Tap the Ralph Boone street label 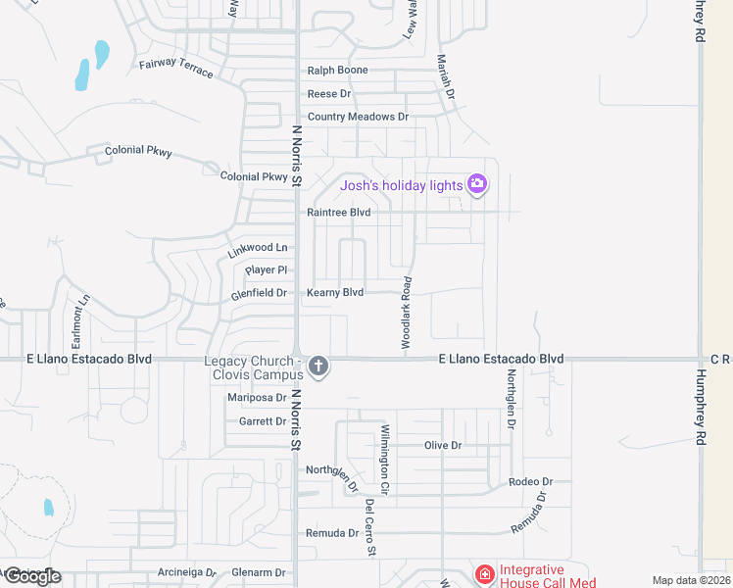pos(337,71)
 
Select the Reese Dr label pos(329,94)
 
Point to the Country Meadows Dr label pos(358,117)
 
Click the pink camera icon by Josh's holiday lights pos(477,184)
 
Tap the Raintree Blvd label pos(339,212)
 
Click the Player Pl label pos(267,269)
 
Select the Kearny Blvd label pos(335,292)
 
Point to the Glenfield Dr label pos(259,292)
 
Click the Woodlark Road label pos(406,313)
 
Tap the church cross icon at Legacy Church pos(318,367)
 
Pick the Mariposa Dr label pos(256,398)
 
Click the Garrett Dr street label pos(263,421)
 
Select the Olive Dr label pos(443,445)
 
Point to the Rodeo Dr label pos(531,482)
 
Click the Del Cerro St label pos(370,527)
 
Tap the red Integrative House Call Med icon pos(484,573)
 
